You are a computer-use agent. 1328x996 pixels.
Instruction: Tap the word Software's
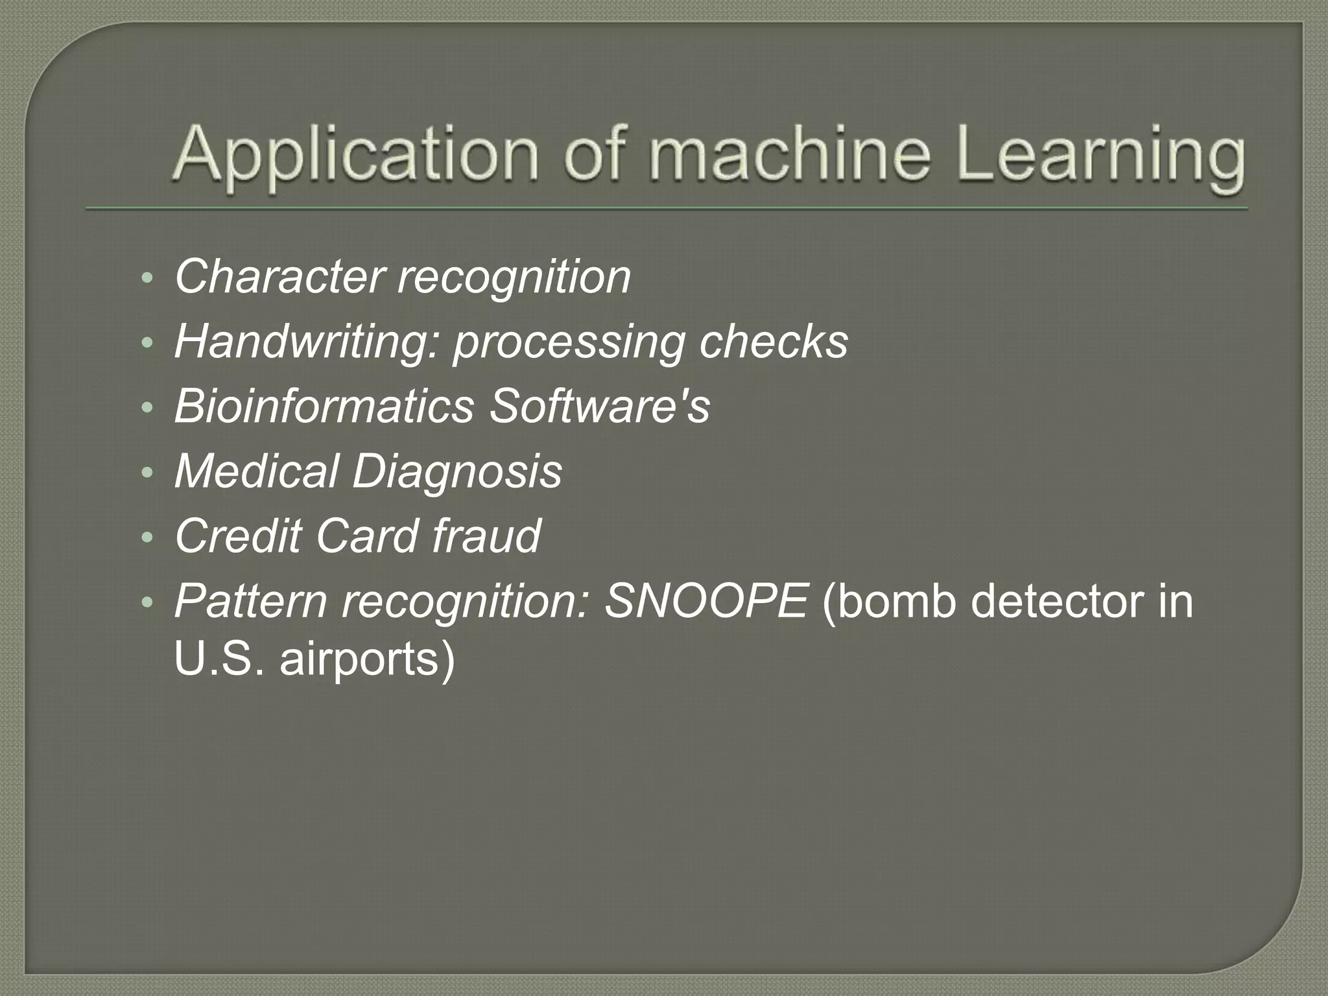coord(599,407)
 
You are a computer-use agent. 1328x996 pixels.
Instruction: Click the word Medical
coord(257,471)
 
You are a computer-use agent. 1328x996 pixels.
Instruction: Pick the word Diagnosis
coord(457,471)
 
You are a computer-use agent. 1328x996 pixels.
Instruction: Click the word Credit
coord(238,537)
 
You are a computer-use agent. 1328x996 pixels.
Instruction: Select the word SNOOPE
coord(705,602)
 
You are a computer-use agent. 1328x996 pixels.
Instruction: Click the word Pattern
coord(251,602)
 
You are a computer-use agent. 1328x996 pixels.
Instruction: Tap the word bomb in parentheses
coord(895,602)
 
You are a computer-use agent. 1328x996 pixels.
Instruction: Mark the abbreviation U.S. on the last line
coord(220,660)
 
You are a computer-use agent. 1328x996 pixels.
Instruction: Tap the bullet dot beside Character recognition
coord(147,279)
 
